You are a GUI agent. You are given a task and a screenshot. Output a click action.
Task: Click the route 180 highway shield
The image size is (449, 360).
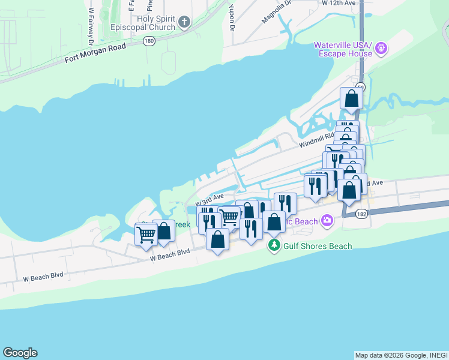click(149, 41)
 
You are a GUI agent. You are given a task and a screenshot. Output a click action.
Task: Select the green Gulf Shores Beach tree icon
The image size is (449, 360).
click(274, 245)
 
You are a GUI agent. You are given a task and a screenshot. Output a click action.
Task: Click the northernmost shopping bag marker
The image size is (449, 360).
click(351, 98)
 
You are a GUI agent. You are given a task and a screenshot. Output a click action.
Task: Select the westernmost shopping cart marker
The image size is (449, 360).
click(146, 234)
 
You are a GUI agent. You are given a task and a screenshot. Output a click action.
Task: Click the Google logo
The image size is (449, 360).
click(20, 353)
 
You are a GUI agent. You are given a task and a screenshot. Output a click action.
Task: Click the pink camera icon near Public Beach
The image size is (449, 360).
click(327, 221)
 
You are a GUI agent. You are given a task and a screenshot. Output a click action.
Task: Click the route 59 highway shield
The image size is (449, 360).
click(360, 86)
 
